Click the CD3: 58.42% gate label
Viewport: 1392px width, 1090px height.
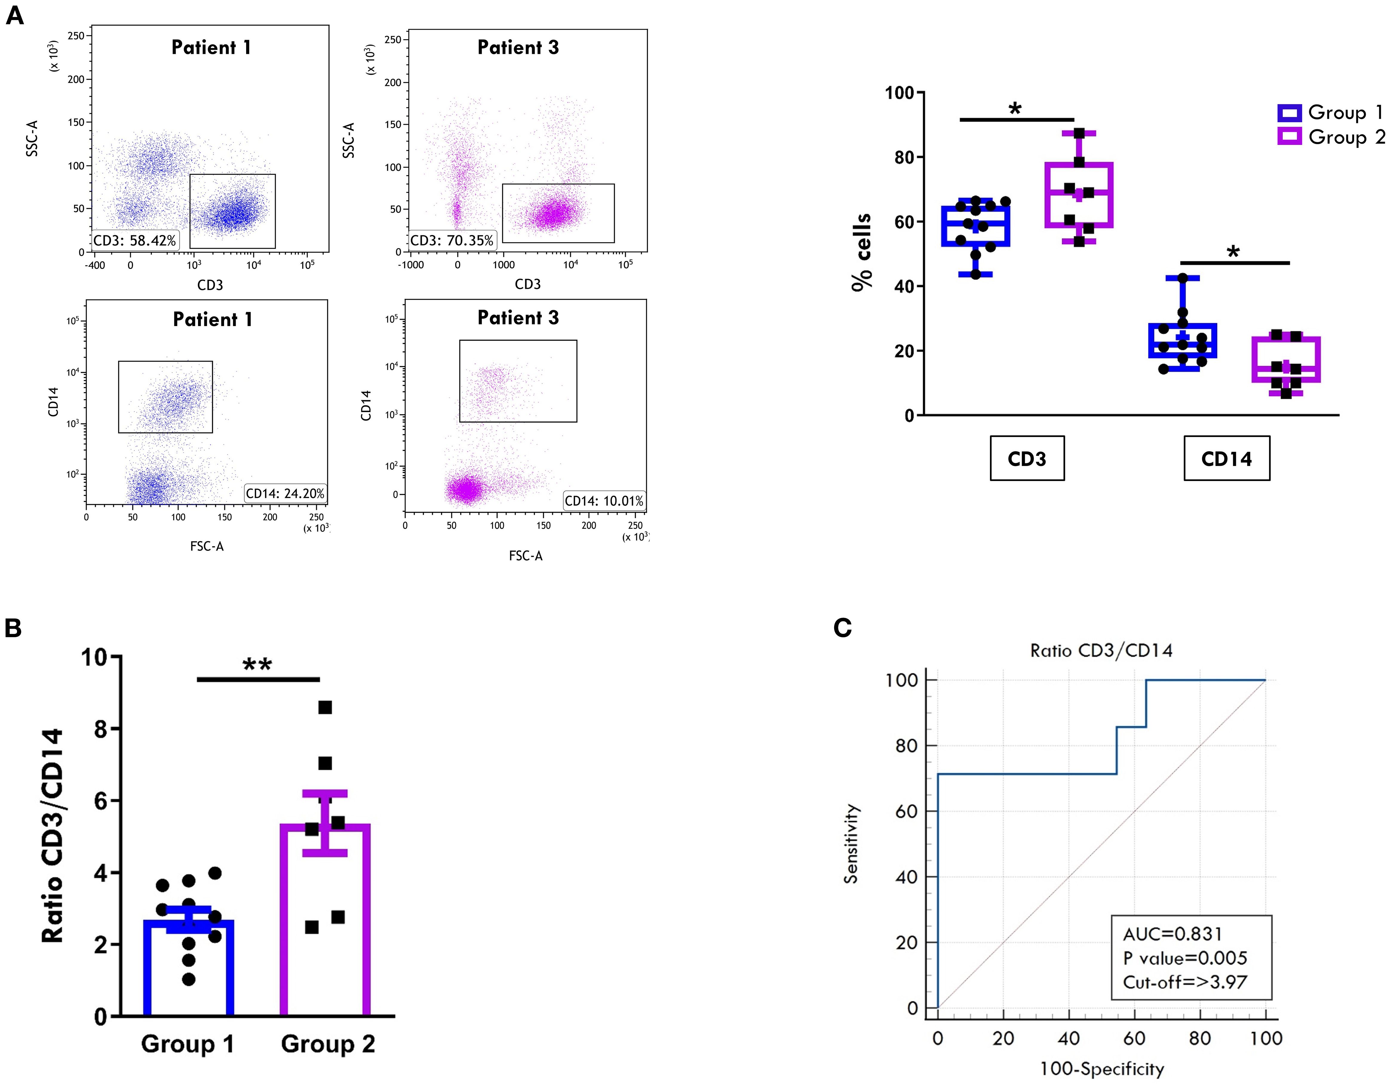pos(135,241)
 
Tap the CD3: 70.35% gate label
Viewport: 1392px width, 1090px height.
pos(452,241)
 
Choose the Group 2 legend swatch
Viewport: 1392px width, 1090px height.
pos(1289,137)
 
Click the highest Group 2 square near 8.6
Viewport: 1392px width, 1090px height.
pos(325,707)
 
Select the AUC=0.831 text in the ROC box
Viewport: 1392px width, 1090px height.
pos(1172,934)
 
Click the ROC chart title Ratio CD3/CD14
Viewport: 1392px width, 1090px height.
pos(1101,651)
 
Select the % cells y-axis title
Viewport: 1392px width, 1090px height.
pos(862,253)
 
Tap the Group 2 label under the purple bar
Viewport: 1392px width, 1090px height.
pos(328,1044)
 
